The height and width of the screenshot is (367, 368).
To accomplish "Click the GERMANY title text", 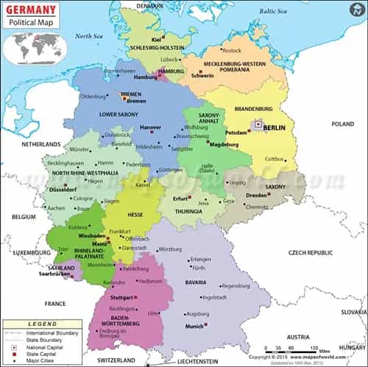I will point(30,9).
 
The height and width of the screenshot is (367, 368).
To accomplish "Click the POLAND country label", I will point(342,124).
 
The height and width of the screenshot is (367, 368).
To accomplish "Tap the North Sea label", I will point(88,36).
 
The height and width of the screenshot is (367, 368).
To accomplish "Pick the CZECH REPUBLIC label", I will point(311,252).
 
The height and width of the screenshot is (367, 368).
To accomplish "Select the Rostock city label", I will point(231,50).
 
